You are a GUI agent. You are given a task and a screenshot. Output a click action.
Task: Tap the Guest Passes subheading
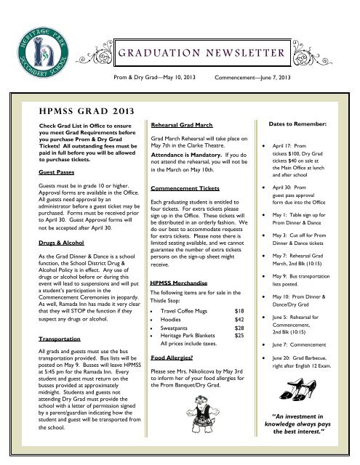pyautogui.click(x=39, y=172)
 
